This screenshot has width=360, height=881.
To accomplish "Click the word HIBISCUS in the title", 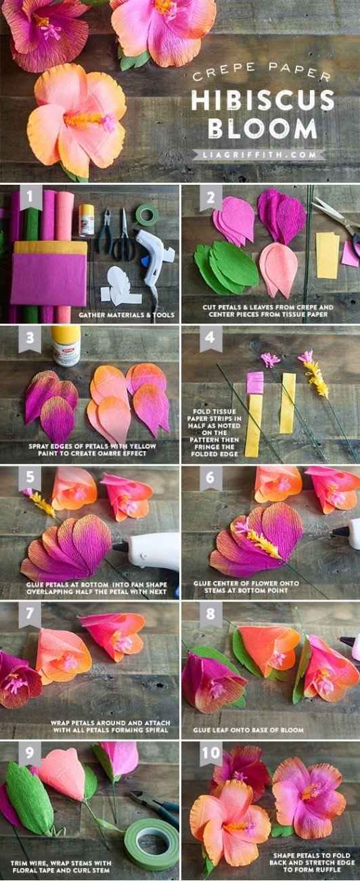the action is [263, 100].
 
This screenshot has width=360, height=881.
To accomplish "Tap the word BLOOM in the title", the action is [263, 128].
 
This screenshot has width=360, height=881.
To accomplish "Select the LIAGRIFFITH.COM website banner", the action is [259, 154].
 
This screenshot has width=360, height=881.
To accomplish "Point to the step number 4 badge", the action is [210, 338].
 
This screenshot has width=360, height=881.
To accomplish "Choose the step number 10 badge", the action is [210, 753].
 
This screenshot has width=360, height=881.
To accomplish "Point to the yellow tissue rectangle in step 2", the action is [328, 255].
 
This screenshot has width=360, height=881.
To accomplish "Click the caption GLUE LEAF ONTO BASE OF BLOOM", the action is [248, 730].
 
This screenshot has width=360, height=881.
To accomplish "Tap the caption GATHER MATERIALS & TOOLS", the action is [127, 315].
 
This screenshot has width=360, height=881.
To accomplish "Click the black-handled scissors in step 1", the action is [122, 236].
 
